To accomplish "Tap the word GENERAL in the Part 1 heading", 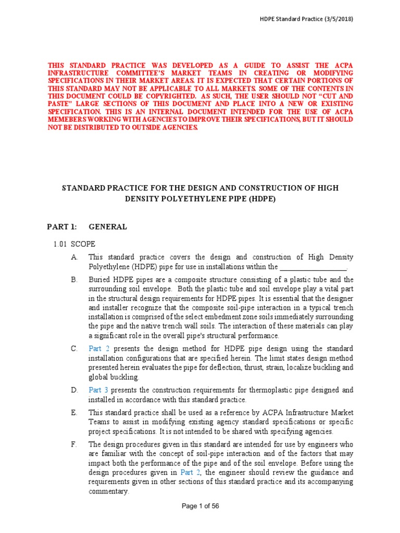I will tap(108, 227).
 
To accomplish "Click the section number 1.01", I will tap(61, 244).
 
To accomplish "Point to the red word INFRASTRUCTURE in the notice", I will tap(76, 73).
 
